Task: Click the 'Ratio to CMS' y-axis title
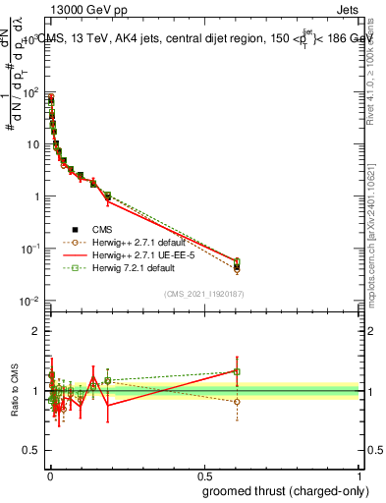click(x=13, y=391)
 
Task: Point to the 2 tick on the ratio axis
click(x=36, y=331)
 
